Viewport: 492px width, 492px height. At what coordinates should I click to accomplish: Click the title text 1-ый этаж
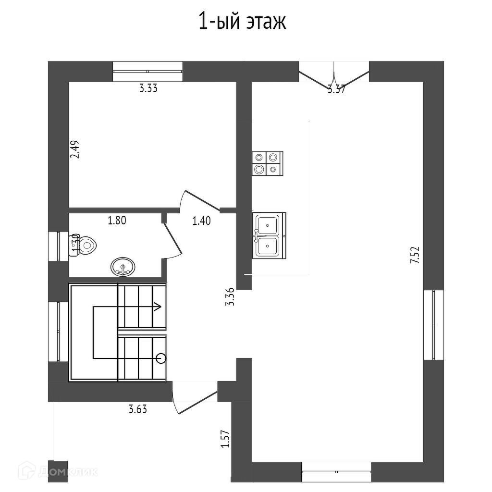tap(242, 22)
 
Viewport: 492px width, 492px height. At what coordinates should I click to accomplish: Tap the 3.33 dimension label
tap(148, 88)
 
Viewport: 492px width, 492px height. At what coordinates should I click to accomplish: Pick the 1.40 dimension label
tap(201, 221)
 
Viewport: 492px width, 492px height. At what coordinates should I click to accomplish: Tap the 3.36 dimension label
tap(230, 296)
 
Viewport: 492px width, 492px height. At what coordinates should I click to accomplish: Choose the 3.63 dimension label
tap(137, 410)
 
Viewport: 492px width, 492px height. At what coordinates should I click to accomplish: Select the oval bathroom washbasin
tap(123, 266)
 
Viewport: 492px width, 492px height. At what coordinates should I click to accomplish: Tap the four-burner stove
tap(267, 163)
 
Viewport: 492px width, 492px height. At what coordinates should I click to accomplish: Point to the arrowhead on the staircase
tap(158, 306)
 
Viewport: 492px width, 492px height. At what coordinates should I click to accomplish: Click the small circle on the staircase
tap(161, 357)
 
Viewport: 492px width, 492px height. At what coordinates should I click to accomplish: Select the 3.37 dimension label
tap(336, 89)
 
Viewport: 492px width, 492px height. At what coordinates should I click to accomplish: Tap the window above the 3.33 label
tap(148, 72)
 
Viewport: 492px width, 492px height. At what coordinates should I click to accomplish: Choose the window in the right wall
tap(433, 325)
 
